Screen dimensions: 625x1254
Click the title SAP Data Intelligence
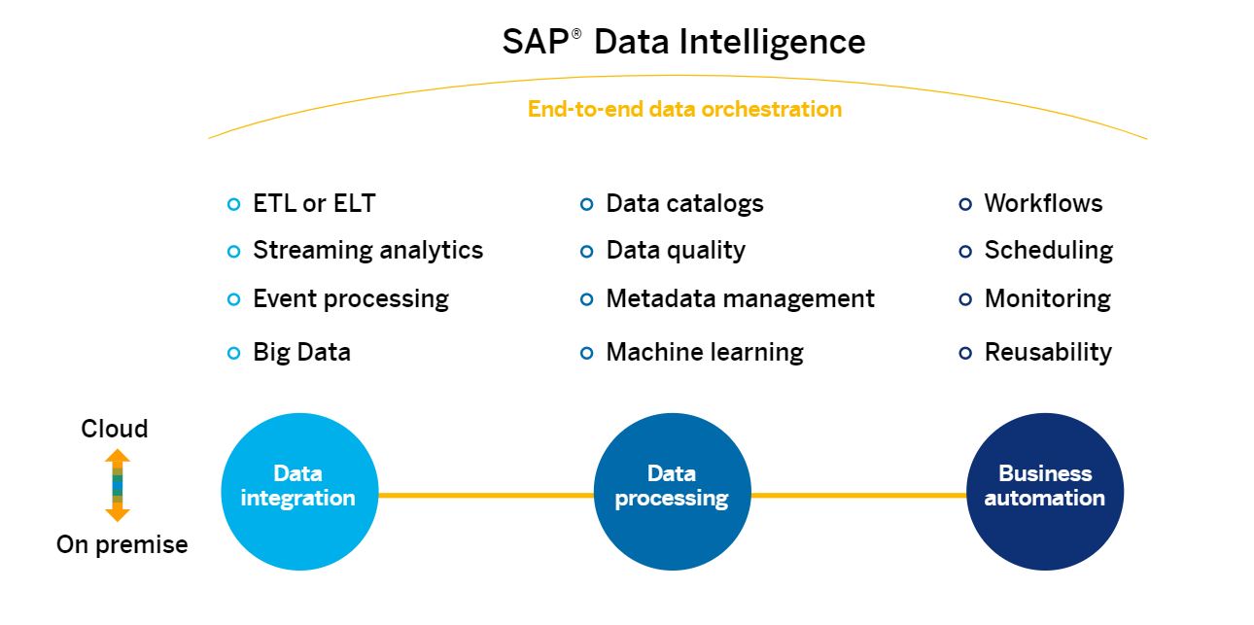click(x=683, y=42)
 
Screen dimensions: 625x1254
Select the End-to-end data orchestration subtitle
click(x=684, y=109)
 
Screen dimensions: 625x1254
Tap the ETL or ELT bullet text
click(x=314, y=203)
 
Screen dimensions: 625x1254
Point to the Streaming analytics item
click(x=367, y=250)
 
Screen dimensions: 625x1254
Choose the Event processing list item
click(x=351, y=298)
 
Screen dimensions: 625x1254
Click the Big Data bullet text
click(x=301, y=352)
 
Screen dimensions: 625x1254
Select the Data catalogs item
click(x=684, y=203)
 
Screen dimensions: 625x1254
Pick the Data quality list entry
click(x=676, y=250)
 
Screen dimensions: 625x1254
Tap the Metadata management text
click(x=740, y=298)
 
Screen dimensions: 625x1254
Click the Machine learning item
click(x=705, y=352)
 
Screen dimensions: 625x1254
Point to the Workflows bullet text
click(x=1043, y=203)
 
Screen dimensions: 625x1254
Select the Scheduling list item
click(x=1048, y=250)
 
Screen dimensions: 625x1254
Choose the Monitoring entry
click(x=1047, y=298)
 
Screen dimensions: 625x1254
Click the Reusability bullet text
click(x=1048, y=352)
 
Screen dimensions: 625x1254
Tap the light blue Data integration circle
click(x=298, y=491)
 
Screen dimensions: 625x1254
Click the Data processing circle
click(x=672, y=491)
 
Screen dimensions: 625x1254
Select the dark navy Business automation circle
click(x=1045, y=491)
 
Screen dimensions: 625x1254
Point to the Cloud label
click(x=115, y=429)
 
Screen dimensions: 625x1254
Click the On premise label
click(x=122, y=544)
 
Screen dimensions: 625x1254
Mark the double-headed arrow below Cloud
click(x=117, y=485)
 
